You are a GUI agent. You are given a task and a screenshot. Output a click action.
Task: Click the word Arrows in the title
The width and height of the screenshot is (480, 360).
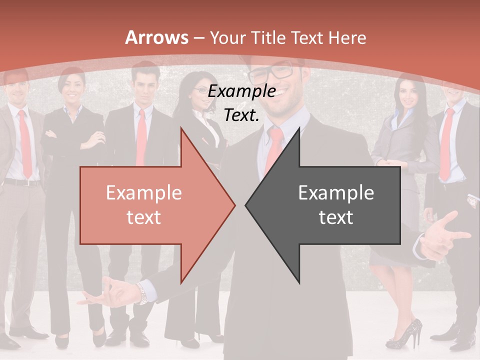coord(157,37)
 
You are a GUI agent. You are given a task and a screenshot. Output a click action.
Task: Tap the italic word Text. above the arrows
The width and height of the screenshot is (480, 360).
coord(241,115)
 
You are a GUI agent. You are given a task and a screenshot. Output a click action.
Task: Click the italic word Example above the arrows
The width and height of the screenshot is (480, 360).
coord(241,91)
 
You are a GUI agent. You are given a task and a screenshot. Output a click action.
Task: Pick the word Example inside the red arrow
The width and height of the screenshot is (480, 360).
coord(144,193)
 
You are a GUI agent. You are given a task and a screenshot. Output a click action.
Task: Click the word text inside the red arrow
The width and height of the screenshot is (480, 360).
coord(144,217)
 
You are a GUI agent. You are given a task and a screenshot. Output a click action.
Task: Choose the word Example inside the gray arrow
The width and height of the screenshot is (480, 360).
coord(336,193)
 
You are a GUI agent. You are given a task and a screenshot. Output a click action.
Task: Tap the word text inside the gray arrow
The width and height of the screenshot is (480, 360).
coord(336,217)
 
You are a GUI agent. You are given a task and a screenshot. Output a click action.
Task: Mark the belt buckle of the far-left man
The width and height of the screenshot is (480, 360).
coord(22,182)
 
